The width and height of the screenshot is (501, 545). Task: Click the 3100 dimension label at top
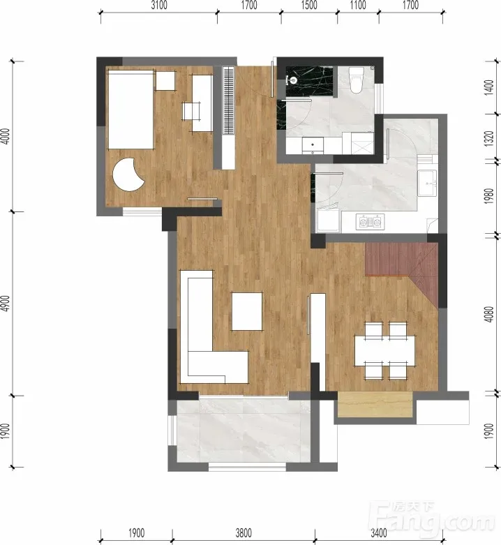point(159,5)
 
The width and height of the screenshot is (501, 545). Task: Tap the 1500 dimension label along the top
point(309,5)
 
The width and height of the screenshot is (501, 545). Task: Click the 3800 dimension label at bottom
point(244,533)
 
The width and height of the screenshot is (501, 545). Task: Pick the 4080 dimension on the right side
point(488,314)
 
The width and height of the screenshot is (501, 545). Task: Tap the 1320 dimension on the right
point(488,138)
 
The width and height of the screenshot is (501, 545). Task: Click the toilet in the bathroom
point(356,80)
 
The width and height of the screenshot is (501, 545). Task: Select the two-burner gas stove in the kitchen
point(370,221)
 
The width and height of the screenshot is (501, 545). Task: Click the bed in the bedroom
point(131,110)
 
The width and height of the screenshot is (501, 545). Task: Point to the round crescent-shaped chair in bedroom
point(128,174)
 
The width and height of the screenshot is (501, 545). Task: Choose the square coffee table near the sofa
point(247,311)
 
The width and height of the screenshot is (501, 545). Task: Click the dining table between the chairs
point(385,350)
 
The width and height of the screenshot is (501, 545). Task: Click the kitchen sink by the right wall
point(427,183)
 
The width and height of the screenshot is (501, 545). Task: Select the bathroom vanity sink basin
point(313,145)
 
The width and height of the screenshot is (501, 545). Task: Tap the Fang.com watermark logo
point(434,521)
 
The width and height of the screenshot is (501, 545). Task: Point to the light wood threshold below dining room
point(375,404)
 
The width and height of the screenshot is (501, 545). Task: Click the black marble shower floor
point(309,82)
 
